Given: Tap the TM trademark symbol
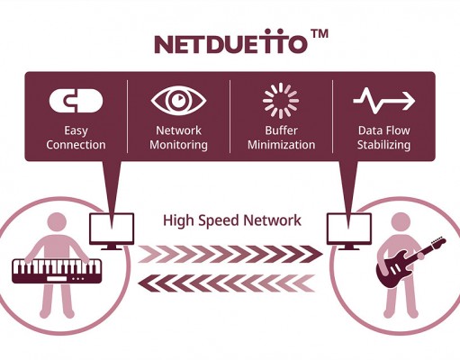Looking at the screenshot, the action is tap(320, 33).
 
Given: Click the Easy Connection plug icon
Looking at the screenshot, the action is tap(76, 101).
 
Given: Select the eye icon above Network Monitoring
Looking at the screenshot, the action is tap(178, 101).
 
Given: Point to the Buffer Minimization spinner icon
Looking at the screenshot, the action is tap(281, 101).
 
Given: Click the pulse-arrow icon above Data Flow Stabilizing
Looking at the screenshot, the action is tap(383, 101).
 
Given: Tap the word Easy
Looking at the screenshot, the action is tap(76, 131).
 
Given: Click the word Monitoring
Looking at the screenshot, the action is tap(178, 145).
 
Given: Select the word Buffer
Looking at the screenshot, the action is tap(281, 130).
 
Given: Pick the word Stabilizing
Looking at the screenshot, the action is tap(383, 145).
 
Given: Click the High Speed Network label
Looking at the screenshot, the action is tap(232, 220).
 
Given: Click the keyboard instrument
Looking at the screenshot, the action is tap(57, 271).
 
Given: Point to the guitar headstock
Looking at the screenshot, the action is tap(438, 242).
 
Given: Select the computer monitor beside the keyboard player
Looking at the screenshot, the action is tap(112, 231).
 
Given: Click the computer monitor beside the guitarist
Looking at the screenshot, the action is tap(349, 231).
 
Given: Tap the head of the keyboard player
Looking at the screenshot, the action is tap(57, 223).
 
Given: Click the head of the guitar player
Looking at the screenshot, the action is tap(401, 223).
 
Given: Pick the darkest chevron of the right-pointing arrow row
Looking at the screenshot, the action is tap(312, 254).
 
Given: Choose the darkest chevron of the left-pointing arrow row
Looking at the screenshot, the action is tap(149, 283).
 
